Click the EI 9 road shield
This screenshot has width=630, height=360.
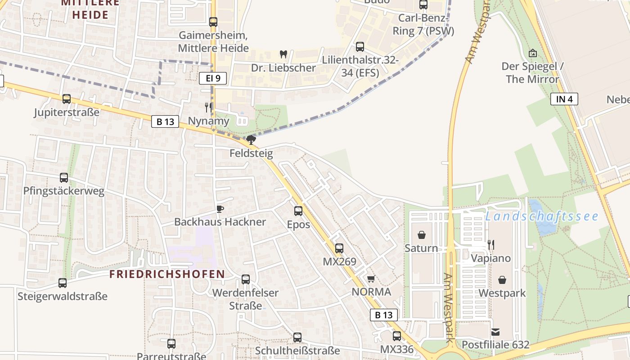[212, 78]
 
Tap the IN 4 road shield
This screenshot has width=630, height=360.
[564, 99]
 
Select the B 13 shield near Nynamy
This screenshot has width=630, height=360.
[165, 121]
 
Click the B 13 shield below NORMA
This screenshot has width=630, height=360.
[384, 315]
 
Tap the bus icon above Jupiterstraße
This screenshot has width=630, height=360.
[67, 99]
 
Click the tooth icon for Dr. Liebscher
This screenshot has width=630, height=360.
[283, 54]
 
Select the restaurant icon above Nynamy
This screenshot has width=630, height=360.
[208, 107]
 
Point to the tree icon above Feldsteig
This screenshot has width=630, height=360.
[251, 140]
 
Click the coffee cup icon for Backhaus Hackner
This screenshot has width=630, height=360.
[220, 209]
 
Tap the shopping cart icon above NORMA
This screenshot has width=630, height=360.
[371, 279]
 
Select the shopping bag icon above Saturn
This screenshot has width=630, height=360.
[421, 235]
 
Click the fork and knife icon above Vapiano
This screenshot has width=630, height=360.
[491, 245]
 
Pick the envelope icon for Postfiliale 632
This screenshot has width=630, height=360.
[495, 332]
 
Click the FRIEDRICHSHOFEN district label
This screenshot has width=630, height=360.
[167, 274]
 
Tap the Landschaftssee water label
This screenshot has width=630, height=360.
[542, 216]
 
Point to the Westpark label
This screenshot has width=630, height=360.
[502, 293]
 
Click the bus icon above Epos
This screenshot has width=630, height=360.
[298, 211]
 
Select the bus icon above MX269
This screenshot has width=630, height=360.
[339, 248]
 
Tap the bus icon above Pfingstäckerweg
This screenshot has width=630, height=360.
[64, 178]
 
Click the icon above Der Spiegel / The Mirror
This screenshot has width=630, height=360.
[533, 53]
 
